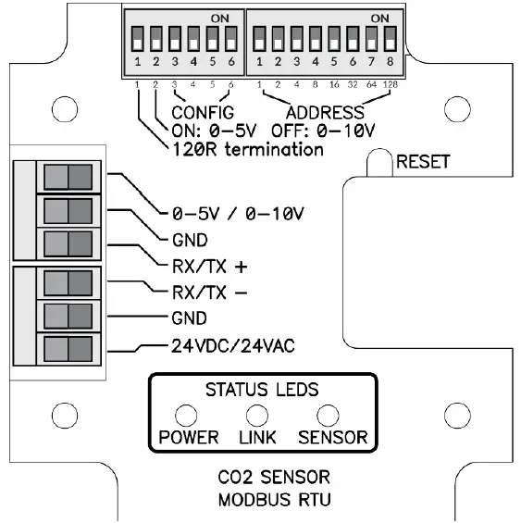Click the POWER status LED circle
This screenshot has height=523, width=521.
tap(186, 414)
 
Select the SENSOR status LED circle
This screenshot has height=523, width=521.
tap(326, 414)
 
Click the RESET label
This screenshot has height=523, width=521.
tap(423, 162)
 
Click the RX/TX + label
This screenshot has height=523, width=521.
tap(210, 268)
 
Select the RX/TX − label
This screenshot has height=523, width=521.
tap(210, 294)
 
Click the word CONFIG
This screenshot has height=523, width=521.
tap(205, 112)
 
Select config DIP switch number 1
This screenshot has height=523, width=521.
tap(137, 40)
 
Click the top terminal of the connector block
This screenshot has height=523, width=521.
tap(68, 175)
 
